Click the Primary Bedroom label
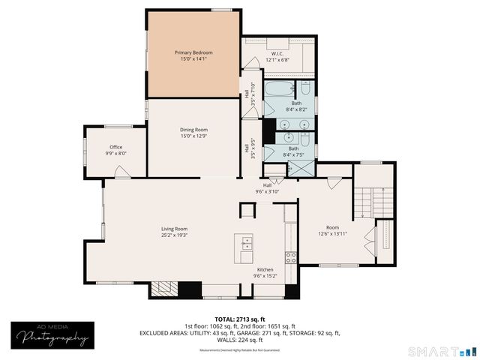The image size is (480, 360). tap(193, 52)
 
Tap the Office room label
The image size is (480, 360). tap(115, 146)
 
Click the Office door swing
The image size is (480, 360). tap(120, 172)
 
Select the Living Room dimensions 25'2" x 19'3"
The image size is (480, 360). tap(174, 235)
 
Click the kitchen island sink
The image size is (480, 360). tap(245, 244)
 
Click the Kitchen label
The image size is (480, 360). tap(265, 269)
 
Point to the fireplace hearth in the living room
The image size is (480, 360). tap(163, 289)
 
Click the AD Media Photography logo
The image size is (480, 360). tap(49, 335)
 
